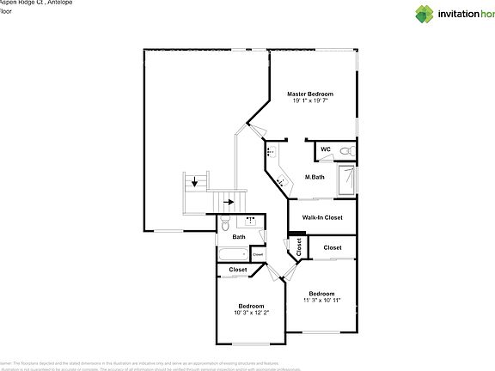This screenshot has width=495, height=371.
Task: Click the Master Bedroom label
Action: (x=309, y=93)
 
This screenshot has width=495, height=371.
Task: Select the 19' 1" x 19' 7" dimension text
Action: (x=309, y=100)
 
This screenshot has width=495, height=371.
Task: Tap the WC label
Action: (x=325, y=149)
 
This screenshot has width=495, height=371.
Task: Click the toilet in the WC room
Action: (x=345, y=151)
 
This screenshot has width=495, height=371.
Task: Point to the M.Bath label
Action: (x=314, y=178)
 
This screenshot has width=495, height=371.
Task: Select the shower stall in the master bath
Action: (x=346, y=181)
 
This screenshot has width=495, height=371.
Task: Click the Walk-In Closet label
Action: (x=321, y=217)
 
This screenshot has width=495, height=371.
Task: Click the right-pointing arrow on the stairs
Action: (x=229, y=203)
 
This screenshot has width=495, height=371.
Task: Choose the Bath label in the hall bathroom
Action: (x=239, y=237)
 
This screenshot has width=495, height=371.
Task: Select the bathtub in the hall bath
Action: (x=231, y=254)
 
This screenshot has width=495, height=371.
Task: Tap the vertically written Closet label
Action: (x=299, y=248)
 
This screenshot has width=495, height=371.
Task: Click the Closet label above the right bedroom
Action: (x=332, y=247)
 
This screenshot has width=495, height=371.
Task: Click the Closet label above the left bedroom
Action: (x=237, y=270)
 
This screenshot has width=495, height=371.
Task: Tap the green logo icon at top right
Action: (x=425, y=14)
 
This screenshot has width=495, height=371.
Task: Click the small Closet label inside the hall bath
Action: (x=258, y=254)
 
